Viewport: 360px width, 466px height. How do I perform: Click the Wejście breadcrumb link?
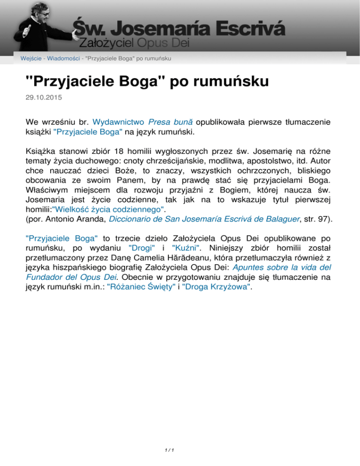click(30, 58)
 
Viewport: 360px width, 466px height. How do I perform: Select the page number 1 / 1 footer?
click(180, 451)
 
